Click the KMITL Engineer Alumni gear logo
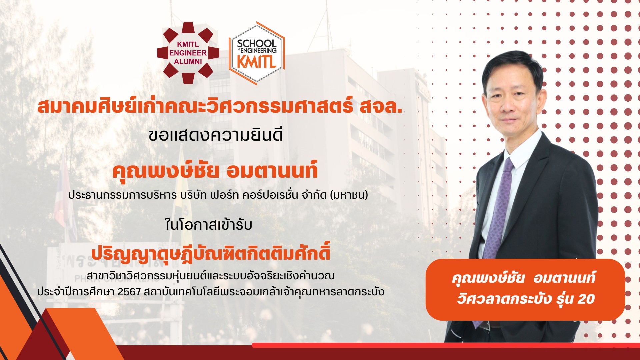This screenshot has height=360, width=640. click(x=188, y=53)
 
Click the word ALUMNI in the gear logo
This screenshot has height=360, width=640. click(x=188, y=62)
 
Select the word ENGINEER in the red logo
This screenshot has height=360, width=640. click(x=188, y=53)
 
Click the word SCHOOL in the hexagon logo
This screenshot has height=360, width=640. click(x=257, y=43)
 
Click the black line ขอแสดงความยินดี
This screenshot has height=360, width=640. click(x=216, y=135)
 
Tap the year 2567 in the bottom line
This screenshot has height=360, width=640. click(x=129, y=292)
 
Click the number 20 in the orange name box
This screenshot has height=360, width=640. click(x=586, y=299)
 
